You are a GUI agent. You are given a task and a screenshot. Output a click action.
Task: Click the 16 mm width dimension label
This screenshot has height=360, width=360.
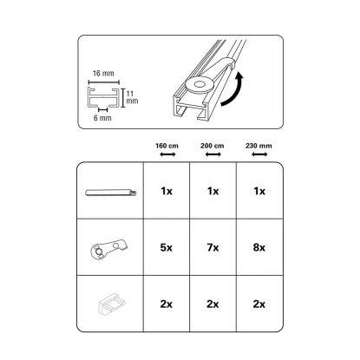103,74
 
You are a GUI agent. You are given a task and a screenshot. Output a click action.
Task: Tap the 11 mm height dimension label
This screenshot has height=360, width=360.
132,97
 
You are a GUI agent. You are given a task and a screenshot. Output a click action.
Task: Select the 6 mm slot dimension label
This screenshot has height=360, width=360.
102,118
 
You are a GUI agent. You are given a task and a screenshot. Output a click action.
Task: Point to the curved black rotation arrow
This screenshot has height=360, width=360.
233,89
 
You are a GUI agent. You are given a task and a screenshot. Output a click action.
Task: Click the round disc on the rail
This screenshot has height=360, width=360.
200,85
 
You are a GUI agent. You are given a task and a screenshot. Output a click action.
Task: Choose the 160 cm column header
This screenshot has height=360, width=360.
167,146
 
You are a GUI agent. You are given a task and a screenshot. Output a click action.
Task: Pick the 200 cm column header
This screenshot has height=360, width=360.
213,146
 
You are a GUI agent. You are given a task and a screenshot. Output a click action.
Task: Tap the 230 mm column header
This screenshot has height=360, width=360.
259,146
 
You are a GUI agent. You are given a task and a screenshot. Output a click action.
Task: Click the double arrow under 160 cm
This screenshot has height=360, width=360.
167,154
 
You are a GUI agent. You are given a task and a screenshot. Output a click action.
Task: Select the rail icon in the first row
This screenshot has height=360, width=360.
111,193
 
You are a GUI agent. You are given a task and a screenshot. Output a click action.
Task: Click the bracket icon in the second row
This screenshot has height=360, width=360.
109,249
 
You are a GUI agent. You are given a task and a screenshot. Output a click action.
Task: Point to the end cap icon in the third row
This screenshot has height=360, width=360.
112,304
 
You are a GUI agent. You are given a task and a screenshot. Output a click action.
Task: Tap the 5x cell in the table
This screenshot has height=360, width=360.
167,248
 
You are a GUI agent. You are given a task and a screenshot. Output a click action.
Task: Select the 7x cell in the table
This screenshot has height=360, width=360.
213,248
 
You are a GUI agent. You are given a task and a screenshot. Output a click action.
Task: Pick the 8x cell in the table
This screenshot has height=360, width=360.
259,248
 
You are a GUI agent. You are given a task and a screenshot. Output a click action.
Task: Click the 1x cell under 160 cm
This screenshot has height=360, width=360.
167,191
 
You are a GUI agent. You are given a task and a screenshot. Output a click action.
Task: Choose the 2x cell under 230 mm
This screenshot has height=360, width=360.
259,304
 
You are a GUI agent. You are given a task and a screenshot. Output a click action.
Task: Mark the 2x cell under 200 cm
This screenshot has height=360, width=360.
213,304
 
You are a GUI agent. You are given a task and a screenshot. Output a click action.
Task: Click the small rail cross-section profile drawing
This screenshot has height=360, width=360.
103,98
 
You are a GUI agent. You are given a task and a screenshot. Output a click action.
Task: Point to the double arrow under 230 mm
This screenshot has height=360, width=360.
259,154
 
